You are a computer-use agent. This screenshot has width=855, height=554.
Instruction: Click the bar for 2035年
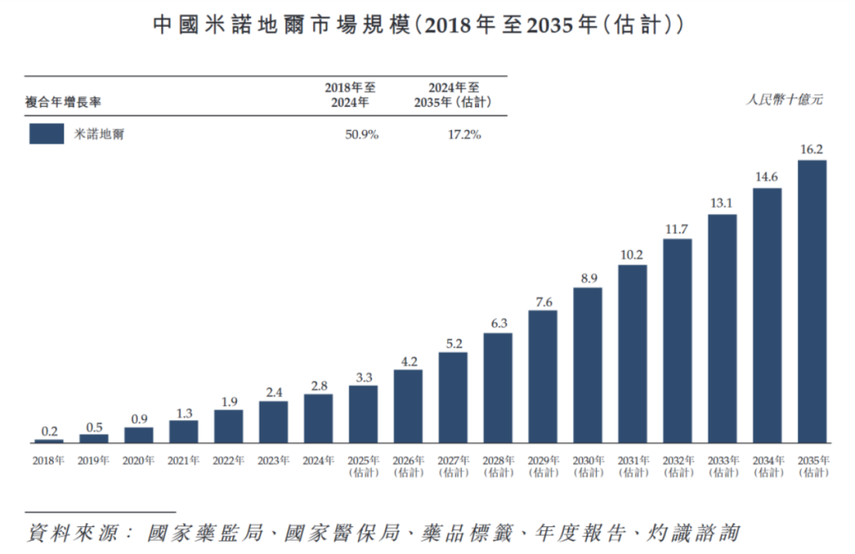tap(812, 301)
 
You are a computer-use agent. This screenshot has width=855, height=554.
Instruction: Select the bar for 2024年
tap(318, 418)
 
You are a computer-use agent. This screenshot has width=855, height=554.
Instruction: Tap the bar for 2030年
tap(587, 365)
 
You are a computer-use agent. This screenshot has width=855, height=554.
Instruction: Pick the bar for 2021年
tap(184, 431)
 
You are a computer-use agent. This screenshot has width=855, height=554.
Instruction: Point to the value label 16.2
tap(811, 150)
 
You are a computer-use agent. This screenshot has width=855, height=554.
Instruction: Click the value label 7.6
tap(544, 302)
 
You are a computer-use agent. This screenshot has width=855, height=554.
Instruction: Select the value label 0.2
tap(49, 431)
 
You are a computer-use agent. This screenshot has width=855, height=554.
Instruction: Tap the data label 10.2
tap(632, 255)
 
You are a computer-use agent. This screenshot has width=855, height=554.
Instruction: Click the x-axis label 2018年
tap(48, 461)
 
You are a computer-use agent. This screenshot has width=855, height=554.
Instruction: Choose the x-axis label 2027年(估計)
tap(454, 467)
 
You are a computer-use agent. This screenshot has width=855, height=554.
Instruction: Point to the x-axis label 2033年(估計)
tap(724, 467)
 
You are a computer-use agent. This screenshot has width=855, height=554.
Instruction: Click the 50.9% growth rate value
tap(362, 135)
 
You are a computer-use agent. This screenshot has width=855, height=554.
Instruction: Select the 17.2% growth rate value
tap(465, 135)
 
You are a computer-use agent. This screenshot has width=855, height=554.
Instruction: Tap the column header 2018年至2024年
tap(350, 95)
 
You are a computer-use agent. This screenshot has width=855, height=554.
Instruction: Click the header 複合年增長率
tap(63, 102)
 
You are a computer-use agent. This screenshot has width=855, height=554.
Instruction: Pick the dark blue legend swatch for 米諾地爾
tap(47, 134)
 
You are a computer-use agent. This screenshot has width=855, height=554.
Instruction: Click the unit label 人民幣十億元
tap(785, 99)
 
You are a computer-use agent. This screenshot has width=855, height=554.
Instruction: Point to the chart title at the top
tap(418, 25)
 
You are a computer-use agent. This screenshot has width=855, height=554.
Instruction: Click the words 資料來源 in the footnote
tap(73, 533)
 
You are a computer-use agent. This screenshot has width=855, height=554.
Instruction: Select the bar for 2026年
tap(408, 406)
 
